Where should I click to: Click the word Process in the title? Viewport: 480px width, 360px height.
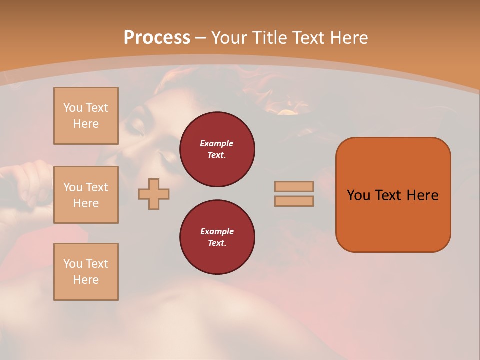157,37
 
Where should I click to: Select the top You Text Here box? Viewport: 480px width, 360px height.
86,116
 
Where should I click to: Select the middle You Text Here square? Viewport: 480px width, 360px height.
86,195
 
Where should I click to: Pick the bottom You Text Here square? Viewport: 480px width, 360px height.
86,272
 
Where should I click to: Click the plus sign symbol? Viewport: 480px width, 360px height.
154,194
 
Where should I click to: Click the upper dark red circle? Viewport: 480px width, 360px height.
217,149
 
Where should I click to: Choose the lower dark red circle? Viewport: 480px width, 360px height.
217,237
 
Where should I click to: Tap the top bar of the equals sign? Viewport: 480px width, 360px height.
294,186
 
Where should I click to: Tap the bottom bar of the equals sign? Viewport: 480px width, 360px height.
294,201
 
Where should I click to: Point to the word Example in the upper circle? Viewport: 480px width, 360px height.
217,143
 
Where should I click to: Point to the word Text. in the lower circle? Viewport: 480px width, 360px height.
217,243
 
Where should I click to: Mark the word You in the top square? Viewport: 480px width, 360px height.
72,108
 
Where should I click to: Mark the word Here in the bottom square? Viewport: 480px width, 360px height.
86,280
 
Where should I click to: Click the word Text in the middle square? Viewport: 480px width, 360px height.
97,187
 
